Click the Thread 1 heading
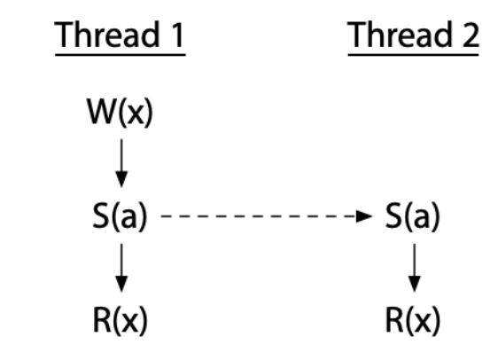121,36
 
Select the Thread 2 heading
413,36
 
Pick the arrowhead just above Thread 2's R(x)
412,286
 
